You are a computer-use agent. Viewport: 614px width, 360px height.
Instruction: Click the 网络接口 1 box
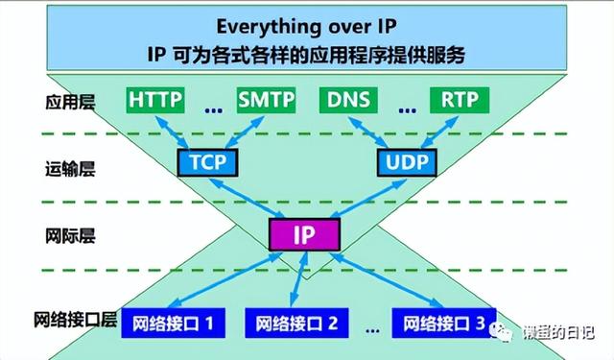[x=172, y=323]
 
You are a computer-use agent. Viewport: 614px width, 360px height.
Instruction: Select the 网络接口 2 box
[x=295, y=323]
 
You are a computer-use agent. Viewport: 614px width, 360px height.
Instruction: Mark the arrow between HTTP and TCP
[x=179, y=130]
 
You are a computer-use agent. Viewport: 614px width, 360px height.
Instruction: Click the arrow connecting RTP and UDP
[x=437, y=130]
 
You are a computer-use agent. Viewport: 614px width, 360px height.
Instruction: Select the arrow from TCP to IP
[x=251, y=197]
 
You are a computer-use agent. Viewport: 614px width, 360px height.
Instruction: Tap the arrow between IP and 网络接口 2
[x=298, y=278]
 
